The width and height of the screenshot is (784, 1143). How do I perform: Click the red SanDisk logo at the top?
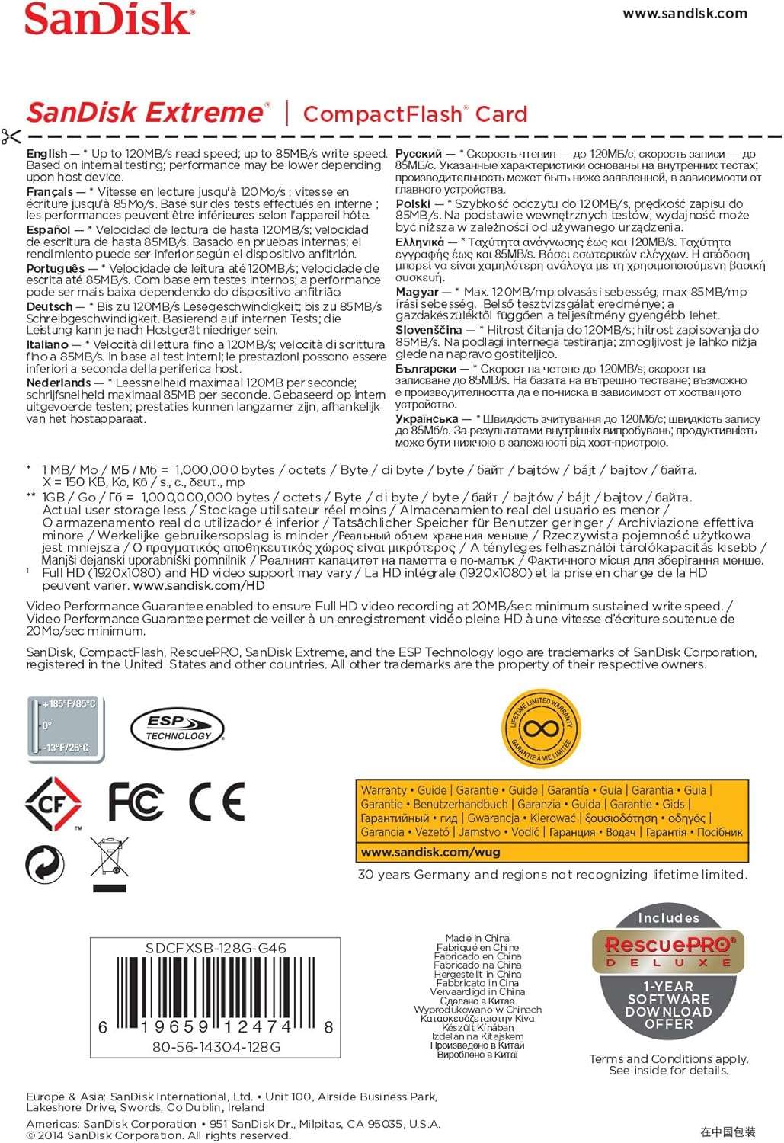coord(108,19)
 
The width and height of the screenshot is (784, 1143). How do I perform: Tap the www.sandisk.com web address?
coord(684,13)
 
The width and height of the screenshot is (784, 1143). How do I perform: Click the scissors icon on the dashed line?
coord(11,137)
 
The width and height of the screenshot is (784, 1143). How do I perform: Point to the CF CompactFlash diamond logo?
coord(53,802)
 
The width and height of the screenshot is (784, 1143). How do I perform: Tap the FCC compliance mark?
coord(135,801)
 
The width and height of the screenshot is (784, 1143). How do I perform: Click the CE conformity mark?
coord(216,801)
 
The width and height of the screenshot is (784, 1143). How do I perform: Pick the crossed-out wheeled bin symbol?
coord(110,863)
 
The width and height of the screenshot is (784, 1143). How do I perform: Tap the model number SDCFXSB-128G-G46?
coord(216,949)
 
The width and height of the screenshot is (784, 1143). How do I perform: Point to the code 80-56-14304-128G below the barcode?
coord(216,1047)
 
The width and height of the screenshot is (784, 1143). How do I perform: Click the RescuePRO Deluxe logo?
coord(668,951)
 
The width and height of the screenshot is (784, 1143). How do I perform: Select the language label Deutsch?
coord(50,306)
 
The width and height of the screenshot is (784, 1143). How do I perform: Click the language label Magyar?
coord(417,292)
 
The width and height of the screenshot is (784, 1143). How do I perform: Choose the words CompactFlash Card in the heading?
coord(415,114)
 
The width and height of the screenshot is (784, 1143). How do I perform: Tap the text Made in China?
coord(478,938)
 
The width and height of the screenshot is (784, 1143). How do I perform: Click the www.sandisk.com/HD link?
coord(198,586)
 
